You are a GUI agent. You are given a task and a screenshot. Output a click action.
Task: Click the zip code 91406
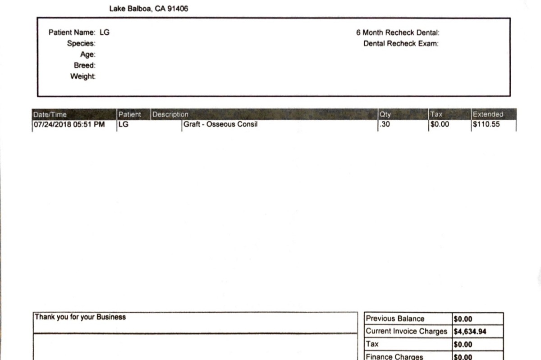click(178, 9)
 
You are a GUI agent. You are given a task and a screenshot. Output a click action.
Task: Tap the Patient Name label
click(72, 32)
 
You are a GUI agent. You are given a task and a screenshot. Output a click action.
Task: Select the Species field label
click(81, 44)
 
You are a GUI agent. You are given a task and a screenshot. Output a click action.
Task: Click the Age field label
click(88, 55)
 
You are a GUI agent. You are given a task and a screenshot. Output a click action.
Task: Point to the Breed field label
click(84, 66)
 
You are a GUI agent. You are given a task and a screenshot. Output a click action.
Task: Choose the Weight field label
click(83, 77)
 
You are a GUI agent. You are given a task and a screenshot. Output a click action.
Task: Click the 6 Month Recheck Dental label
click(397, 32)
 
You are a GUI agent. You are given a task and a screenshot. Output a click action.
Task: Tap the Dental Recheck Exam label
click(401, 44)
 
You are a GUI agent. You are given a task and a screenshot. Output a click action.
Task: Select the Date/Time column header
click(50, 114)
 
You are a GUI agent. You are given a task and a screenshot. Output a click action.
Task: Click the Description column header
click(170, 114)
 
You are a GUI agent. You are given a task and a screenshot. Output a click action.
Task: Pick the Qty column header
click(385, 114)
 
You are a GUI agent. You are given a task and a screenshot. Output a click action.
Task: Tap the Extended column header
click(488, 114)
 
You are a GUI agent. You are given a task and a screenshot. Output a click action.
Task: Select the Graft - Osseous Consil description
click(220, 124)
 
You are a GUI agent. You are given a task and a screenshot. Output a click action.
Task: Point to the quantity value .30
click(385, 124)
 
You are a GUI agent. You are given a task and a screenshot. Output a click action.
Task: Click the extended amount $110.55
click(486, 124)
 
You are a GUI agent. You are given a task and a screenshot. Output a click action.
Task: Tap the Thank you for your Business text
click(80, 317)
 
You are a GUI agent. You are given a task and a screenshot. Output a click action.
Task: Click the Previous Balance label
click(395, 319)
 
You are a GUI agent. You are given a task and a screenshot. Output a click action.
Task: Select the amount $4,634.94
click(470, 332)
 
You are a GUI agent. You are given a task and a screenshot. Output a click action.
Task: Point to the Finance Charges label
click(394, 357)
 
